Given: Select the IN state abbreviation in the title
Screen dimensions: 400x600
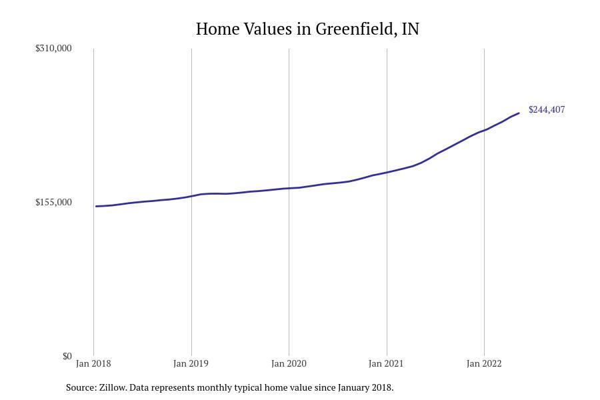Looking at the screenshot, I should click(x=411, y=29).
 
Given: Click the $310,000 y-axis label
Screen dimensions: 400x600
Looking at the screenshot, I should click(x=53, y=48).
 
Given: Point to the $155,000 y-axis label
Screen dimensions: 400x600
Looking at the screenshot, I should click(x=53, y=202).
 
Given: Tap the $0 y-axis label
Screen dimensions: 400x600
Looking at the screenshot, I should click(x=67, y=356).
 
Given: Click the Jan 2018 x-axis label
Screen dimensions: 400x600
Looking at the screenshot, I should click(x=93, y=363).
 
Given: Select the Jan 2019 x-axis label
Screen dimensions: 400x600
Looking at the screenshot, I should click(x=191, y=363).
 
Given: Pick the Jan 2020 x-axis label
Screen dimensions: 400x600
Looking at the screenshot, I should click(x=289, y=363).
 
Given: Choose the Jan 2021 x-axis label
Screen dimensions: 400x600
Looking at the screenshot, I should click(x=386, y=363).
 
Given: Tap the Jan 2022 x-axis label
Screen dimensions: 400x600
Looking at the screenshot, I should click(x=484, y=363).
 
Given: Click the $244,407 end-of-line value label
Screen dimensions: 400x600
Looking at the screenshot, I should click(x=547, y=109).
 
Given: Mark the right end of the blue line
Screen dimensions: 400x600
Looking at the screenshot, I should click(x=519, y=113).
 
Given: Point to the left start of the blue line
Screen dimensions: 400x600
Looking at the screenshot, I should click(x=97, y=206).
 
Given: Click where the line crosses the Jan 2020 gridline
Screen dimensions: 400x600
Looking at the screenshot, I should click(x=289, y=188).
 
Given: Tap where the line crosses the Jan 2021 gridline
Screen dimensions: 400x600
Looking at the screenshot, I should click(x=387, y=172).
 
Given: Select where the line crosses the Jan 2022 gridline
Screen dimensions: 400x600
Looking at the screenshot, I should click(x=484, y=130).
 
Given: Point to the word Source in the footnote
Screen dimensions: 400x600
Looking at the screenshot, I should click(x=81, y=387).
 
